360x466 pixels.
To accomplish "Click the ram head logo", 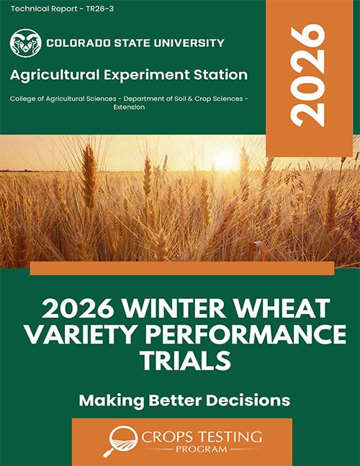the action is (25, 43).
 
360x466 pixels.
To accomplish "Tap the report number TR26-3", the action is (100, 9).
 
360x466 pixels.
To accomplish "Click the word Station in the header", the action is (221, 75).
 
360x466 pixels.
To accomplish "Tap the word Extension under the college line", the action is (129, 107).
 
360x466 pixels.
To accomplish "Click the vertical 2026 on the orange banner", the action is (307, 77).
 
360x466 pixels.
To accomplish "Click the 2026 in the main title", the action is (78, 309).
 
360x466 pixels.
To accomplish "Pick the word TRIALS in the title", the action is (185, 360).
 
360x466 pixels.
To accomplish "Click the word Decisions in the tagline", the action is (248, 400).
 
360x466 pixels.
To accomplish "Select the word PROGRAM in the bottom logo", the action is (201, 449).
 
